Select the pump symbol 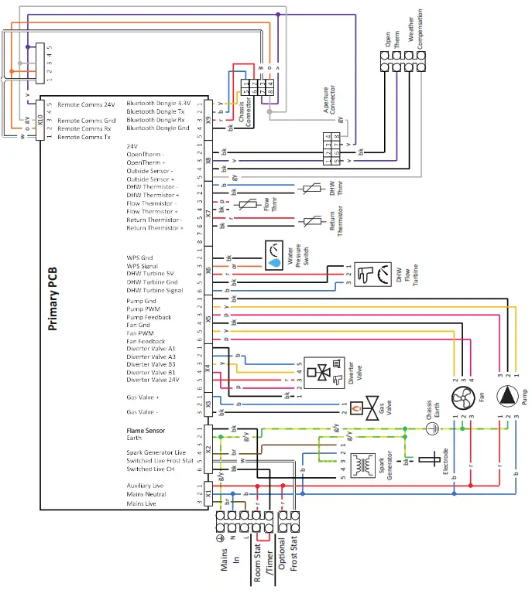[x=507, y=396]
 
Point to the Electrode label [x=445, y=462]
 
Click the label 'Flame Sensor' [x=146, y=431]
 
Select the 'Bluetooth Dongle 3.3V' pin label [x=158, y=104]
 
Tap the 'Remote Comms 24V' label [x=86, y=104]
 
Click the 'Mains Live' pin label [x=142, y=503]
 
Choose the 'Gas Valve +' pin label [x=142, y=396]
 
